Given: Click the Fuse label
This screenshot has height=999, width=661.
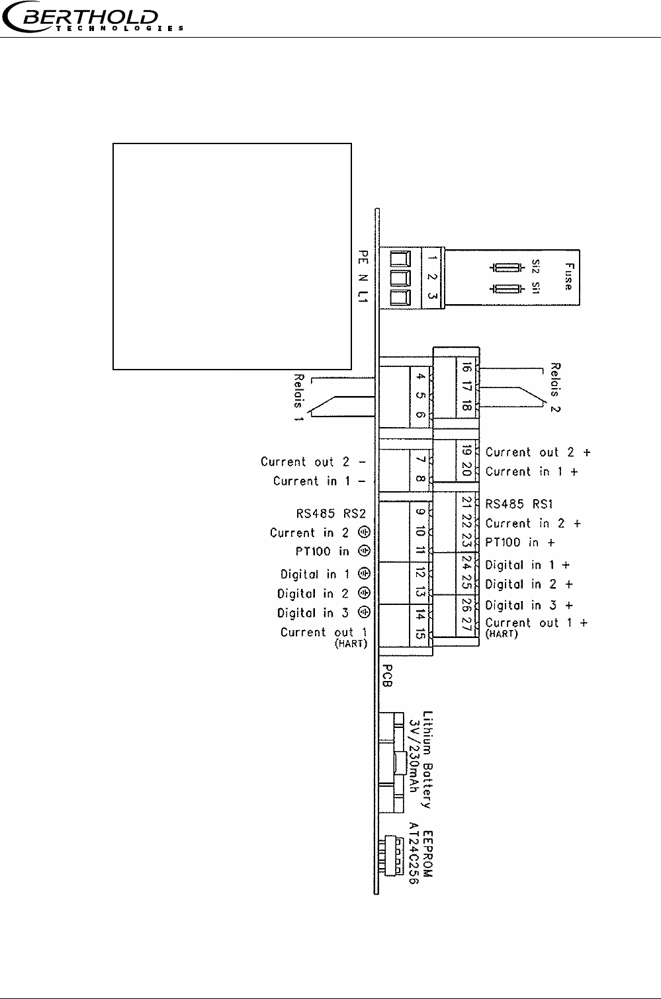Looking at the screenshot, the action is point(569,276).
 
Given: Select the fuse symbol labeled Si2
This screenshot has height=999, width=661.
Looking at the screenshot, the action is point(507,268).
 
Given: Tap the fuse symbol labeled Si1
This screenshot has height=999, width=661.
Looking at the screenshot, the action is point(507,289).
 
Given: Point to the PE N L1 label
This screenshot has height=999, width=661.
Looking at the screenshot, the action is point(363,276).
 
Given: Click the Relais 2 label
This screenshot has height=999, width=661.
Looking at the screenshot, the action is point(555,387).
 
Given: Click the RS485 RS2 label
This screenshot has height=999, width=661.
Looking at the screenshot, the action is point(331,514).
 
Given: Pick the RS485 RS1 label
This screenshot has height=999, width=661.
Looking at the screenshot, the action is point(519,504).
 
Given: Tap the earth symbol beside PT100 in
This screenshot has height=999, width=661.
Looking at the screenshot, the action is point(365,551).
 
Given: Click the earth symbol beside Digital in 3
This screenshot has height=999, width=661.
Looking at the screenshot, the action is point(365,612).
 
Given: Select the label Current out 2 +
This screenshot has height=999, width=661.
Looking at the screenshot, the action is point(538,452).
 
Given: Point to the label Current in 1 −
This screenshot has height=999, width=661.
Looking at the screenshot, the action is point(319,481).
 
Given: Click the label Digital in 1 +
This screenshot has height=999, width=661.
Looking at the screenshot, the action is point(527,565).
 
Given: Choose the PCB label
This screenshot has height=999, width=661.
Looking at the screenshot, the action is point(388,676).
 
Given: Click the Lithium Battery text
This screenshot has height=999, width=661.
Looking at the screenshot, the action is point(427,760).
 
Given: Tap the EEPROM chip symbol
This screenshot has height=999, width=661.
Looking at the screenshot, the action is point(391,856).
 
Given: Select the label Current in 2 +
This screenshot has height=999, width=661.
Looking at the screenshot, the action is point(533,523).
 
